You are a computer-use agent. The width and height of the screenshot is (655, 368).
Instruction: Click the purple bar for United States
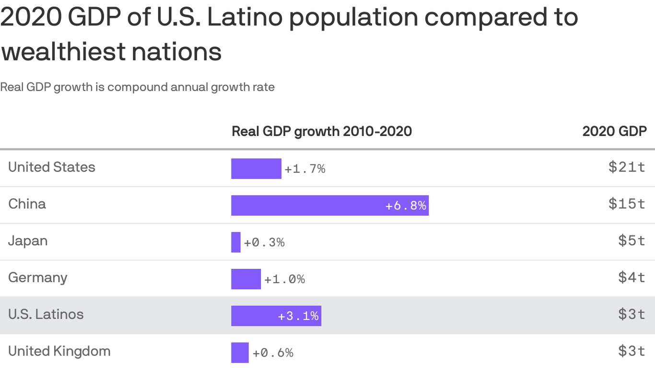point(256,169)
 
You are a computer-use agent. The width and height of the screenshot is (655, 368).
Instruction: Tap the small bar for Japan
point(236,242)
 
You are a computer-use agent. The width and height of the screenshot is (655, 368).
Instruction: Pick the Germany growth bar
point(246,279)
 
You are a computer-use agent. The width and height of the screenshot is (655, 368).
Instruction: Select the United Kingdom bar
point(240,353)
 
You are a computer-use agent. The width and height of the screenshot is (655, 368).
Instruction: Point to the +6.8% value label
point(406,206)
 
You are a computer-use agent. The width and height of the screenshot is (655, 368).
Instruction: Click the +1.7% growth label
point(305,169)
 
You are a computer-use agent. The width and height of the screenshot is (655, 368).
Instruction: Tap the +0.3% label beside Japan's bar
point(264,242)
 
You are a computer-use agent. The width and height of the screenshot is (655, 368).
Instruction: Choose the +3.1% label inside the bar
point(298,316)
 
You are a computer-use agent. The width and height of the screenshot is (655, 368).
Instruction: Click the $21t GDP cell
point(627,167)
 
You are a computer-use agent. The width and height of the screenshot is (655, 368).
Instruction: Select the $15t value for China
point(627,204)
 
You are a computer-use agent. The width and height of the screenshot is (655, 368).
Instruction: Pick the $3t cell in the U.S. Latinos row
point(632,314)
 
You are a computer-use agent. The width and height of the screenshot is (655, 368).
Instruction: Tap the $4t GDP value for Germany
point(632,277)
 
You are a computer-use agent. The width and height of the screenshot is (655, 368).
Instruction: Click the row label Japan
point(28,241)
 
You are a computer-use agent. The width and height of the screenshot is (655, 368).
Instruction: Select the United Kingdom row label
point(59,351)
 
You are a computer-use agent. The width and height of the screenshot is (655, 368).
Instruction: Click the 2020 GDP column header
point(614,131)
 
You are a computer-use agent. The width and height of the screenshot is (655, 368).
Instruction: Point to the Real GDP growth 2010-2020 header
point(322,131)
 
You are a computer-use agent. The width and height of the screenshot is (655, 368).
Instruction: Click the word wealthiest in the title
point(63,52)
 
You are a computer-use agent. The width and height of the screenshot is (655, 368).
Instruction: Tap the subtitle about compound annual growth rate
point(137,87)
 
